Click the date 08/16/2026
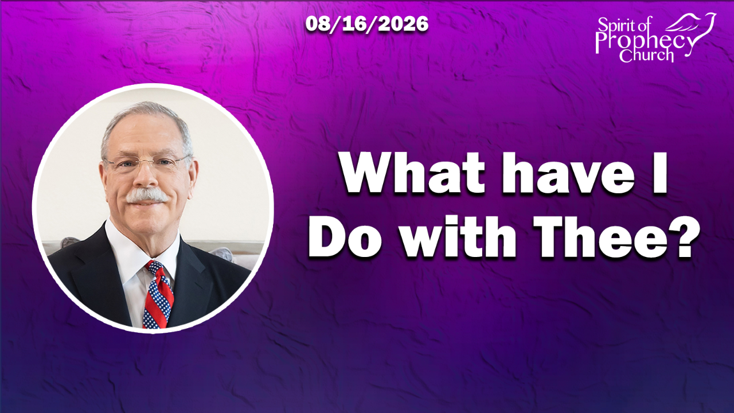[x=367, y=24]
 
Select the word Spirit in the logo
[x=614, y=25]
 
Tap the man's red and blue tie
[x=158, y=294]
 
